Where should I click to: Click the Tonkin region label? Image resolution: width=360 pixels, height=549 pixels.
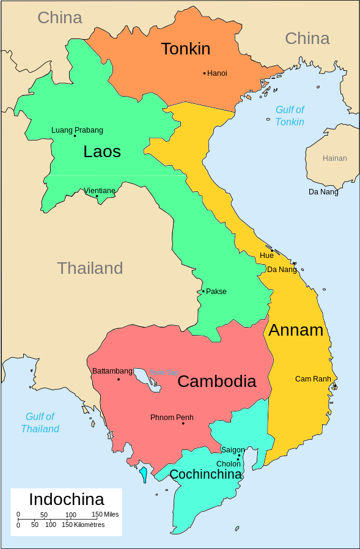click(x=186, y=49)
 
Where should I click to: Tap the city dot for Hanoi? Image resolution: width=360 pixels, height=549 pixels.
click(x=204, y=73)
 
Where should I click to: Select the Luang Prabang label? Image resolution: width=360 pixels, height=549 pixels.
click(x=77, y=130)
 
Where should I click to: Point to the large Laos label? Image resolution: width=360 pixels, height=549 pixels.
click(x=102, y=152)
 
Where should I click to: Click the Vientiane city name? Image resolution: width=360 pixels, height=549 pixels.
click(x=99, y=191)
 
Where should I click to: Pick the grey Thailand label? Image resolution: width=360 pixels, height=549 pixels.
click(x=90, y=268)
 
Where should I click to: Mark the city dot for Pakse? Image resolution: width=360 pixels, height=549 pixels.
click(x=204, y=292)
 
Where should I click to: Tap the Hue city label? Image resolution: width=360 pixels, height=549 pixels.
click(x=266, y=256)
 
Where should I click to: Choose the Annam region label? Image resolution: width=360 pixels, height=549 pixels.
click(x=296, y=330)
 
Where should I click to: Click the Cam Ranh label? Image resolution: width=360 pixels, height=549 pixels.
click(x=313, y=379)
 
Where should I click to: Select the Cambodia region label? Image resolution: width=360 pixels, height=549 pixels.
click(x=216, y=381)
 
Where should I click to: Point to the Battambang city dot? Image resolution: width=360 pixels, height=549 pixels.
click(x=119, y=380)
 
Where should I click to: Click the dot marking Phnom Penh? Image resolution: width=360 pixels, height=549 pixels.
click(x=183, y=424)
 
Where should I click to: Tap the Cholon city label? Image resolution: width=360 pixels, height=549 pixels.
click(x=229, y=464)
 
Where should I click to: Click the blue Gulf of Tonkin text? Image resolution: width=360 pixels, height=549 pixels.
click(x=290, y=116)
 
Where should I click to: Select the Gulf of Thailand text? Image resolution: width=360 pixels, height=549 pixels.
click(x=40, y=422)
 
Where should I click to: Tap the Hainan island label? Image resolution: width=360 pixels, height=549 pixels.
click(x=334, y=158)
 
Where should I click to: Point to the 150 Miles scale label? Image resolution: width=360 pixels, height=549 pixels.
click(x=105, y=514)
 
